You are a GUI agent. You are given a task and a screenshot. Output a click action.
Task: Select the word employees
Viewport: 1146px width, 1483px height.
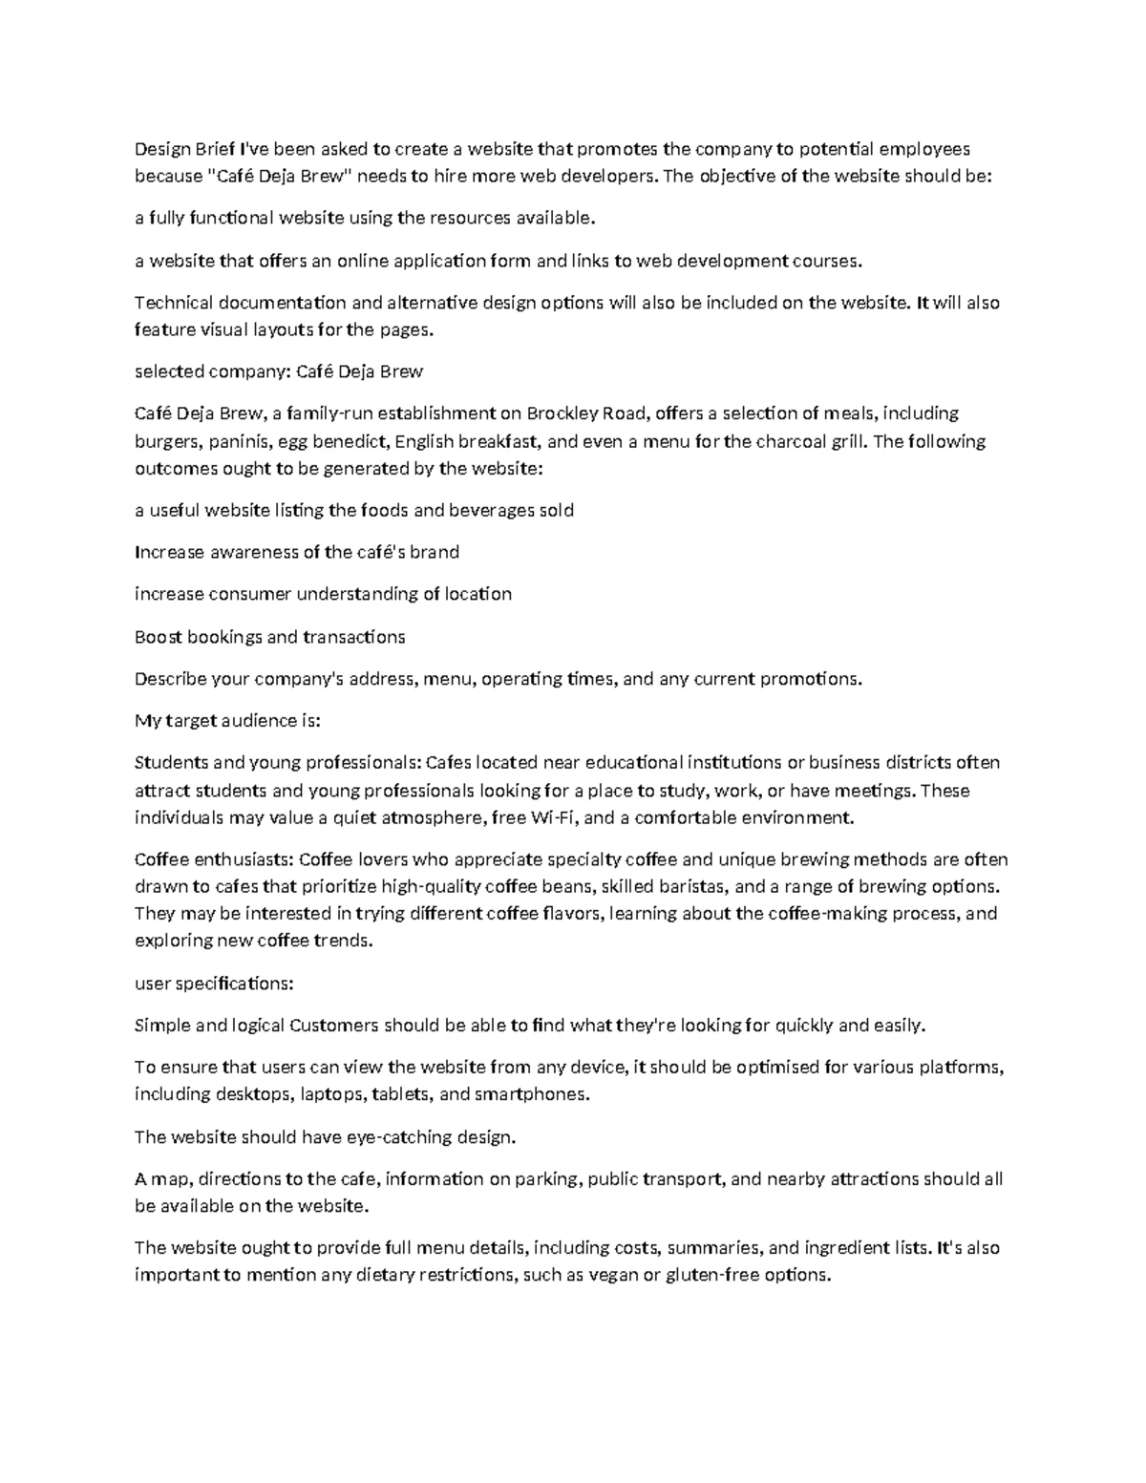coord(924,149)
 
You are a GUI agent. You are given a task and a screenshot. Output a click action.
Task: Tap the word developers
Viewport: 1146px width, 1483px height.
coord(608,177)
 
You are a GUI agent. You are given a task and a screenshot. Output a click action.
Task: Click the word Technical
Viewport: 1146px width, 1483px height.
coord(174,304)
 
